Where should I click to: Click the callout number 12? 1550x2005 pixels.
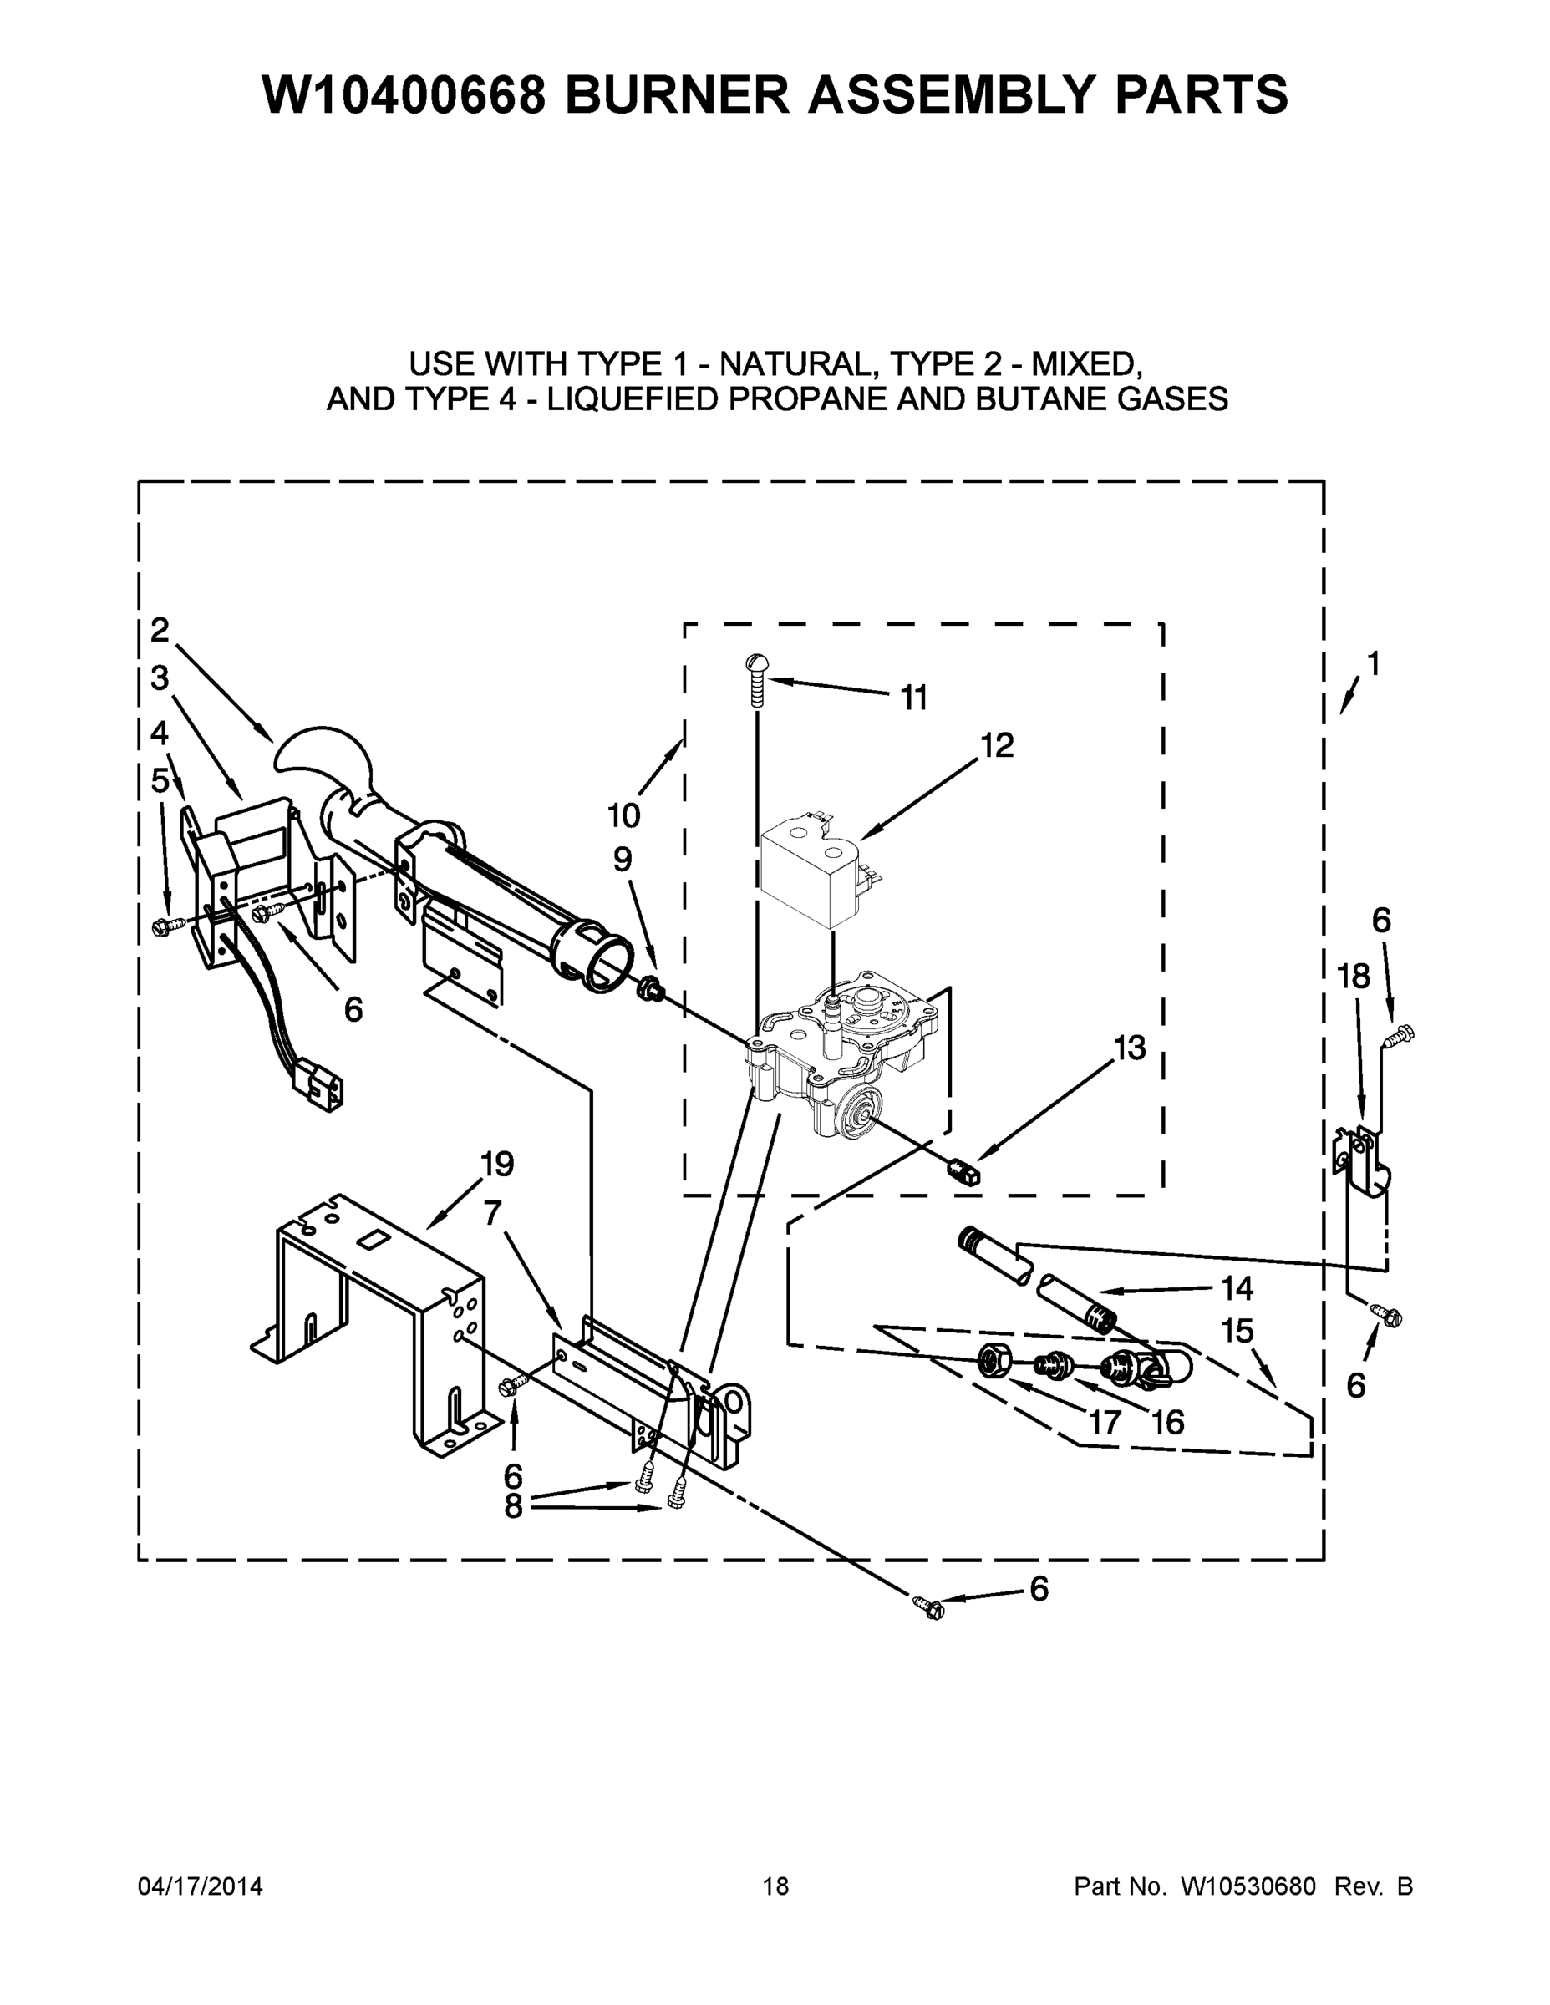point(997,745)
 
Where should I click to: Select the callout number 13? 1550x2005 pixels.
point(1130,1048)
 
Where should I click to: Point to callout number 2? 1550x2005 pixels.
point(160,630)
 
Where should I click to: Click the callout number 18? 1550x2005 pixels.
point(1354,977)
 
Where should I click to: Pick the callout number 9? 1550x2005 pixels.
point(623,860)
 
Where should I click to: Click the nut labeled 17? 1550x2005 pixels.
point(991,1359)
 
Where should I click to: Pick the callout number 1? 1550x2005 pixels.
point(1374,662)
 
